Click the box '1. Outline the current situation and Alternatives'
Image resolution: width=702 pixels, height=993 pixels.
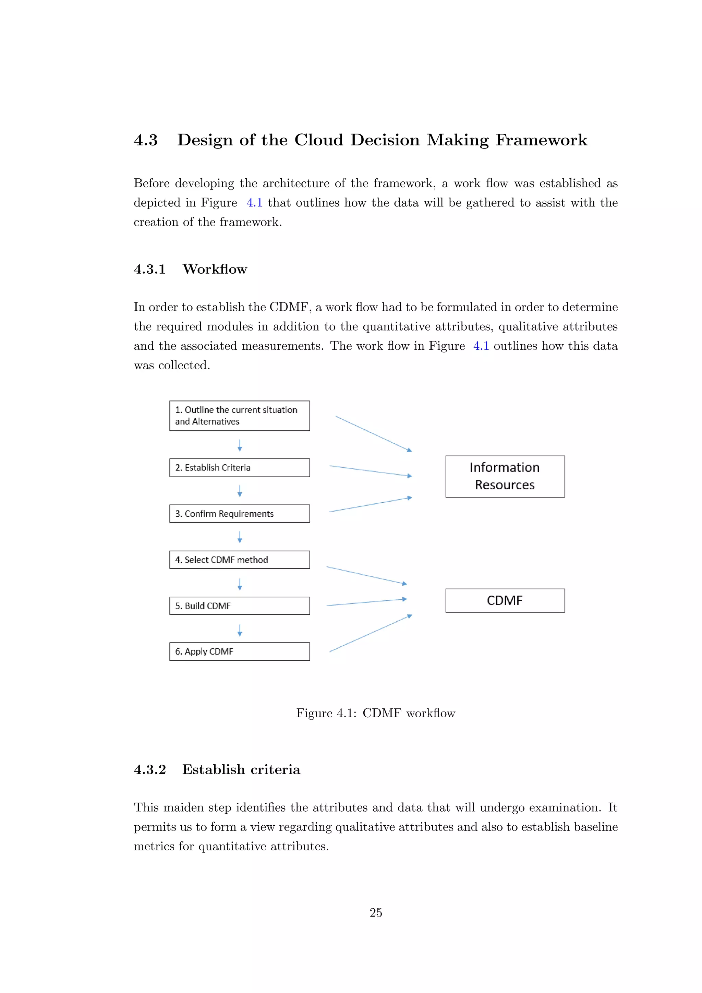click(x=240, y=416)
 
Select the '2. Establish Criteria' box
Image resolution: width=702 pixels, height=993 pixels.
click(x=240, y=467)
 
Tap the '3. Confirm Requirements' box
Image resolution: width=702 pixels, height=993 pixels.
click(x=240, y=513)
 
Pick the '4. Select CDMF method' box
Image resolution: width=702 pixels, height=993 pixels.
click(x=240, y=560)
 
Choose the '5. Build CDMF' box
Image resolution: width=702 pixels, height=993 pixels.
click(x=240, y=606)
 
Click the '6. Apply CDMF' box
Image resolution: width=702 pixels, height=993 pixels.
click(x=240, y=651)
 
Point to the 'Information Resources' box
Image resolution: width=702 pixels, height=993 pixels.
click(x=505, y=476)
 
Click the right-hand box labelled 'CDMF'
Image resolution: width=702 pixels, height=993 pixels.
click(x=505, y=600)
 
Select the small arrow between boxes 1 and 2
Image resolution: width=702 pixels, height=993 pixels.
click(x=240, y=445)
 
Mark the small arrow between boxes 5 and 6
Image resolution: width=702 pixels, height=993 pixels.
click(x=240, y=630)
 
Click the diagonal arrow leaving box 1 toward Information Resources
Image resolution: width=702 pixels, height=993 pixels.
click(x=374, y=434)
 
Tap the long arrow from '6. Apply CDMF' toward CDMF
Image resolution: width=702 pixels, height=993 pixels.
click(x=371, y=633)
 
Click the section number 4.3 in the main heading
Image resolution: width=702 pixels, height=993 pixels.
click(x=146, y=140)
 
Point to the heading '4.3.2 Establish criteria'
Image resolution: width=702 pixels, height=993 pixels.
click(x=217, y=769)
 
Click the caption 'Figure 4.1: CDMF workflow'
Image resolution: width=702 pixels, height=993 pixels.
click(x=376, y=713)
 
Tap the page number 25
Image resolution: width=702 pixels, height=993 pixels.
click(x=376, y=912)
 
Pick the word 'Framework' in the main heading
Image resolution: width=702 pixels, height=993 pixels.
click(x=541, y=140)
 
